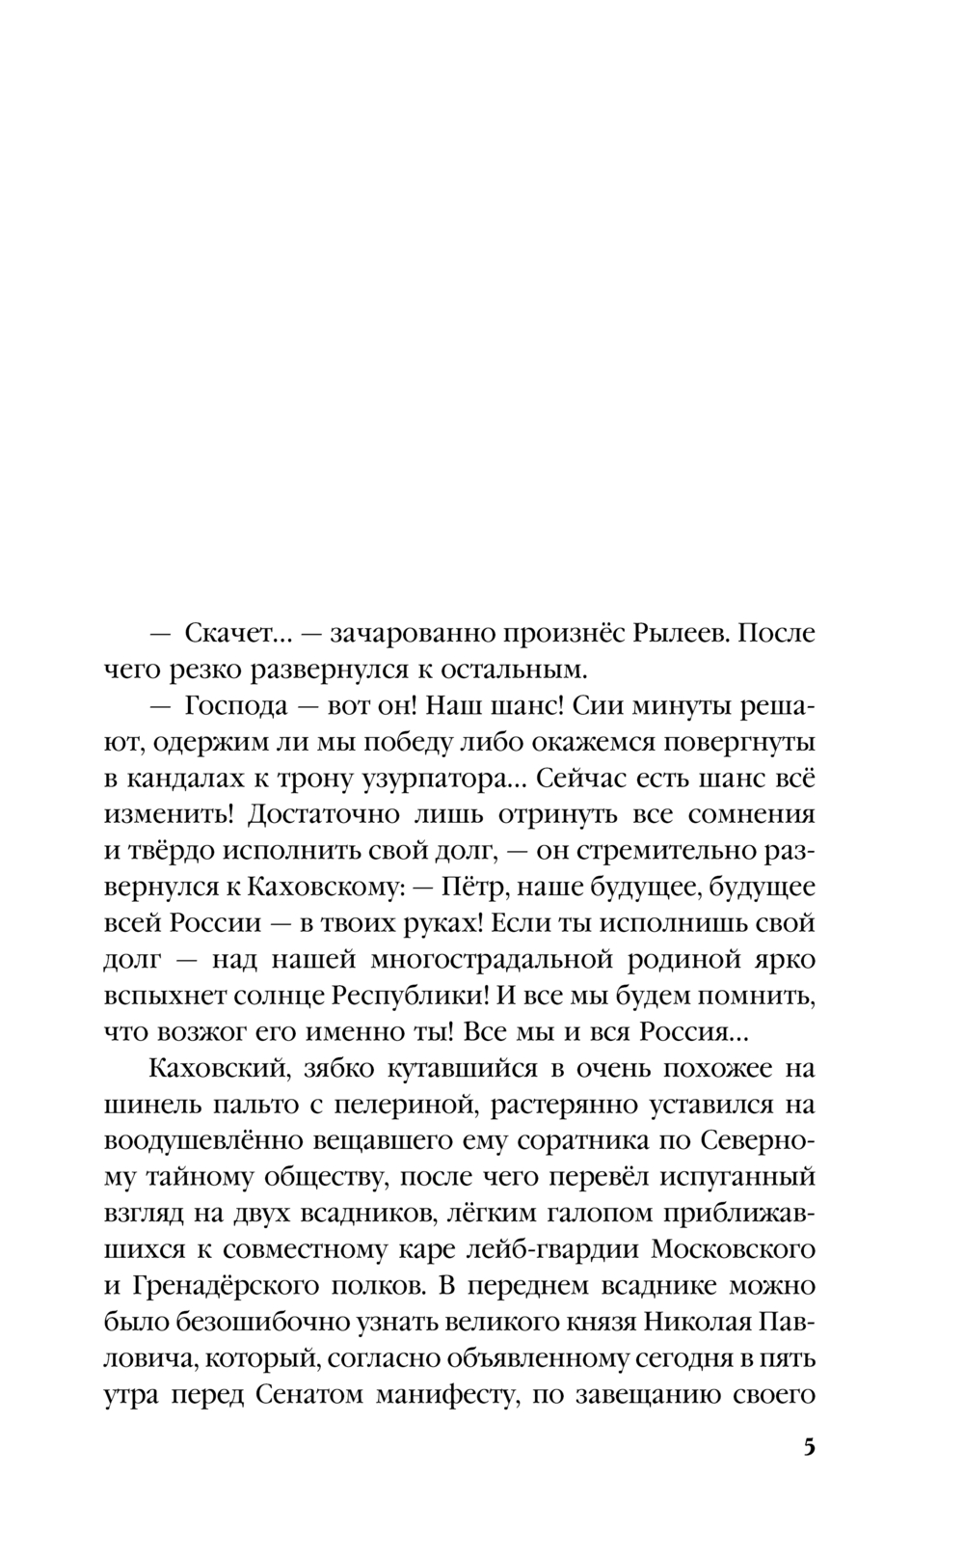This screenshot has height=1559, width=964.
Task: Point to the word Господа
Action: [237, 706]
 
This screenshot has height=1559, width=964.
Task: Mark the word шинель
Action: [148, 1105]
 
